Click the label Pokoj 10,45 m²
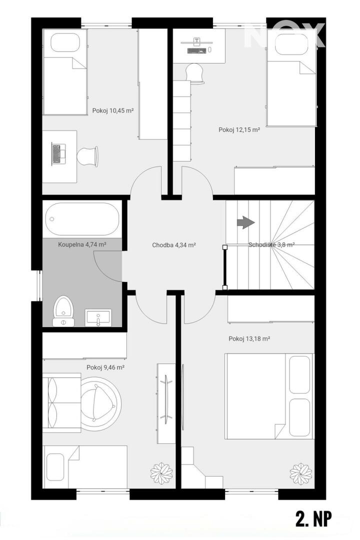pyautogui.click(x=113, y=110)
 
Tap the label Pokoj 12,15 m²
pyautogui.click(x=239, y=130)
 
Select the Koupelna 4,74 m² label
pyautogui.click(x=82, y=245)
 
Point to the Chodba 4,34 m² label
pyautogui.click(x=174, y=245)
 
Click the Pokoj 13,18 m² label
pyautogui.click(x=249, y=339)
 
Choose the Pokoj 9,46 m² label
pyautogui.click(x=105, y=367)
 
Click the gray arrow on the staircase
pyautogui.click(x=245, y=222)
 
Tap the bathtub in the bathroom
pyautogui.click(x=82, y=219)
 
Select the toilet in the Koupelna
pyautogui.click(x=63, y=310)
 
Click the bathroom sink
pyautogui.click(x=98, y=317)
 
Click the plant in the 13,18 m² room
pyautogui.click(x=300, y=471)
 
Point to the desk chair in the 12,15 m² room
pyautogui.click(x=194, y=72)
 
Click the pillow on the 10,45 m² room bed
pyautogui.click(x=65, y=44)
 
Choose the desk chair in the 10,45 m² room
pyautogui.click(x=87, y=156)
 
